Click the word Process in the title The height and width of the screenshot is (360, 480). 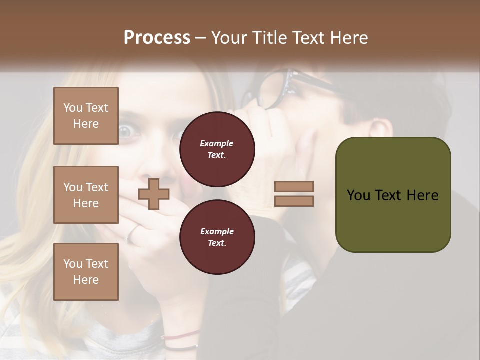pyautogui.click(x=157, y=38)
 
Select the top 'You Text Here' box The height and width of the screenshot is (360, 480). pyautogui.click(x=86, y=116)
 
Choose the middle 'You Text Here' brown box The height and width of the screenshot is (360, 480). pyautogui.click(x=86, y=195)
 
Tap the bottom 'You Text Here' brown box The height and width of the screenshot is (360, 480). pyautogui.click(x=86, y=271)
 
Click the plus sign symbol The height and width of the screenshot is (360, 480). pyautogui.click(x=153, y=194)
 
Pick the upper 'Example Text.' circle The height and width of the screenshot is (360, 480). pyautogui.click(x=217, y=149)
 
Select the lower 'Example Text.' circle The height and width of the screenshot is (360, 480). pyautogui.click(x=217, y=237)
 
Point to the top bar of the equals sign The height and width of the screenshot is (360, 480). pyautogui.click(x=294, y=186)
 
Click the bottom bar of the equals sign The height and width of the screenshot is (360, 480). pyautogui.click(x=294, y=201)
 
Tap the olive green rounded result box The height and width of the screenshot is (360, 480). pyautogui.click(x=393, y=195)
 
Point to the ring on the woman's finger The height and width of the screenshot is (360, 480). pyautogui.click(x=132, y=233)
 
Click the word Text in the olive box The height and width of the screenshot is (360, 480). pyautogui.click(x=391, y=195)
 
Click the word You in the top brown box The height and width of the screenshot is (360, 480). pyautogui.click(x=73, y=108)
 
